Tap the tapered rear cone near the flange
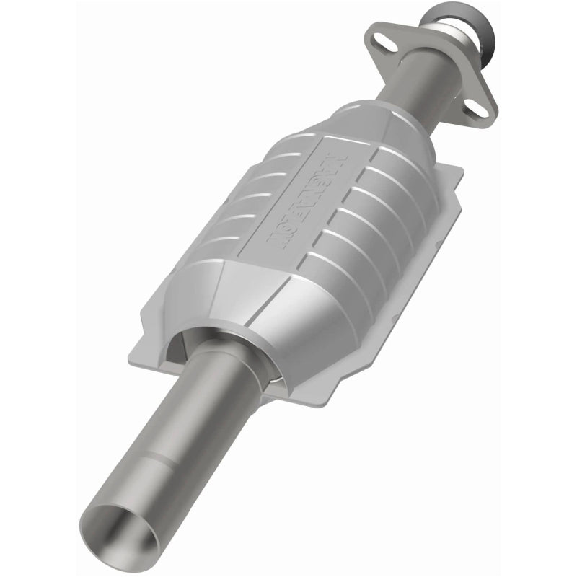click(x=375, y=123)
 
